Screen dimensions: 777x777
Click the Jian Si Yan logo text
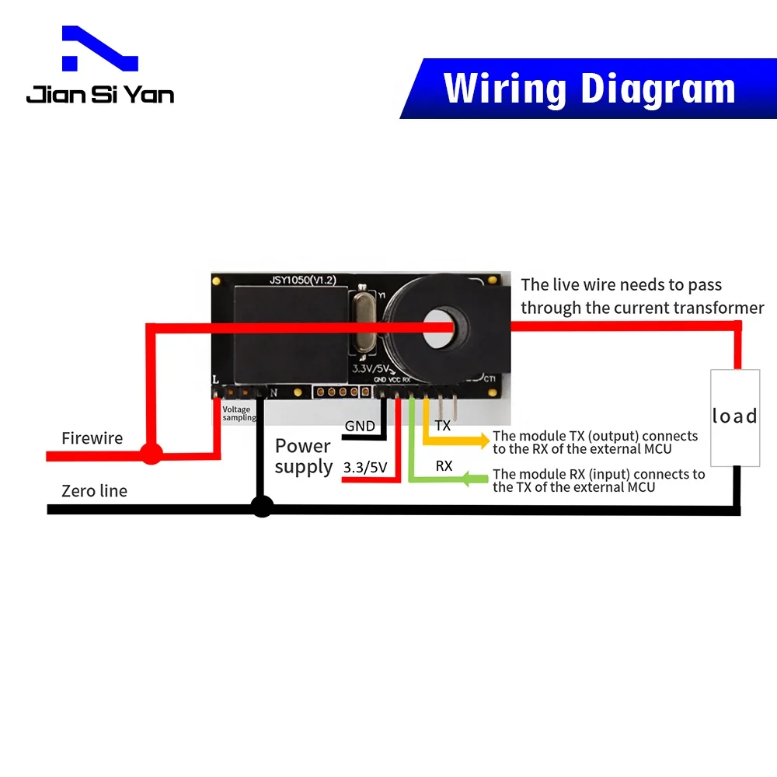point(99,94)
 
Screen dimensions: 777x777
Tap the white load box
point(735,417)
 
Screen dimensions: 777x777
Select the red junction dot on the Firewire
point(151,453)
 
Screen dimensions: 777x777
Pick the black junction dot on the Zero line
point(263,507)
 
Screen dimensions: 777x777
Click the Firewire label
point(92,438)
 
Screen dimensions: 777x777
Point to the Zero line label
point(94,491)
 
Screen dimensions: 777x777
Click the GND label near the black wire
point(360,426)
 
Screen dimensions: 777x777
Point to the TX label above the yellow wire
point(443,426)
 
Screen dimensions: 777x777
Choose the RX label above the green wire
point(444,466)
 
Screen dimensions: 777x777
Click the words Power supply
point(303,456)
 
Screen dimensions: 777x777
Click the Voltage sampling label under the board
point(237,413)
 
